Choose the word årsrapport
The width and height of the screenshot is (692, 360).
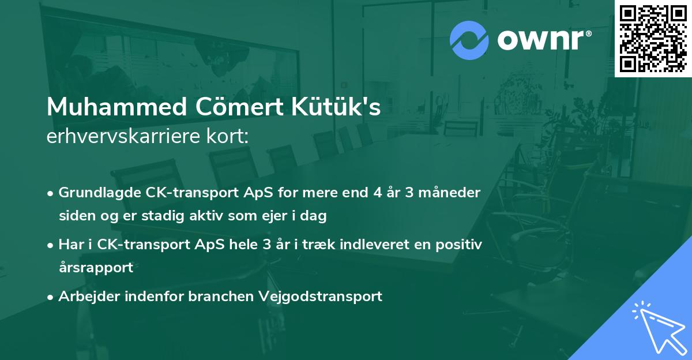point(96,268)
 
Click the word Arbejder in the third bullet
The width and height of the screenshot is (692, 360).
point(86,297)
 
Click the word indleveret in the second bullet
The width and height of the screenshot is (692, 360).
point(364,245)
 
